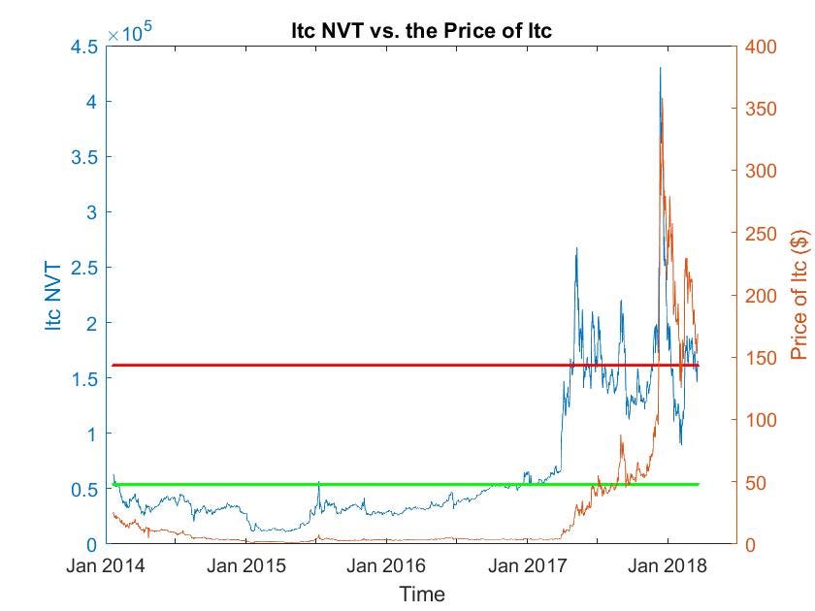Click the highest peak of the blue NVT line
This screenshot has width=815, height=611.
coord(660,68)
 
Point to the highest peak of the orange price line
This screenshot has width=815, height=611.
coord(663,98)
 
